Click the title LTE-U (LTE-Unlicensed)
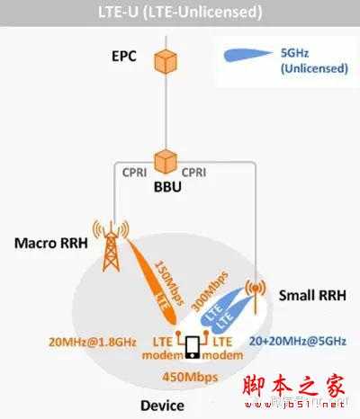click(x=180, y=13)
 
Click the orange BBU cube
click(x=164, y=161)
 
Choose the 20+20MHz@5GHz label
click(x=297, y=342)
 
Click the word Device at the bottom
click(x=162, y=406)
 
